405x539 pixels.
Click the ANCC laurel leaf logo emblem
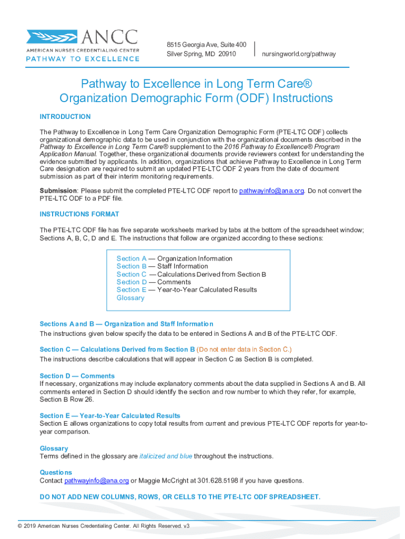click(x=52, y=37)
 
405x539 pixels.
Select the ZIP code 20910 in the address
click(x=227, y=54)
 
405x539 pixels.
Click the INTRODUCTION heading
click(x=65, y=116)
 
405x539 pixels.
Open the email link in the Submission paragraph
click(x=271, y=191)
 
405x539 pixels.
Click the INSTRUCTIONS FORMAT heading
click(x=79, y=214)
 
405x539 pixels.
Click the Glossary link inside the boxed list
click(x=130, y=298)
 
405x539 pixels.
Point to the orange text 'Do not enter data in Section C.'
click(x=244, y=350)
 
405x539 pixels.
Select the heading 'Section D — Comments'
click(x=77, y=376)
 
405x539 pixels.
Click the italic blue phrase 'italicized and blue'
click(x=166, y=456)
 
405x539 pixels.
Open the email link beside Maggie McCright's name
click(x=96, y=481)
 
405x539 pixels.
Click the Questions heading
click(x=56, y=472)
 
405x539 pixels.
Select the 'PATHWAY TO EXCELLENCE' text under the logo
click(x=83, y=59)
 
